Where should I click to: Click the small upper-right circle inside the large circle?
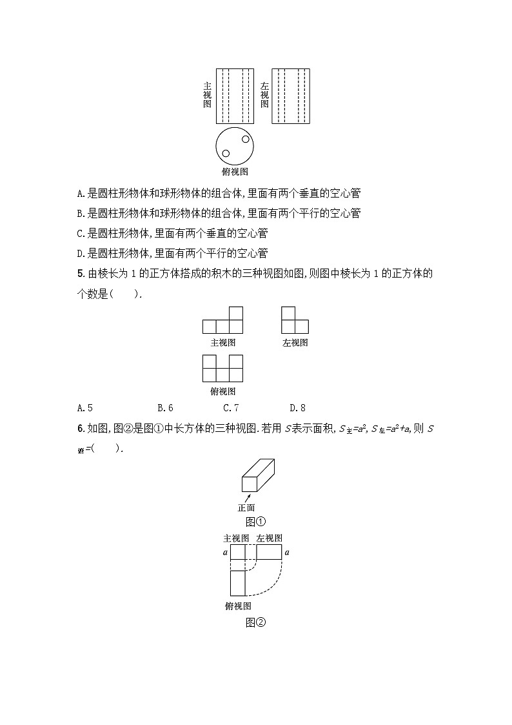pyautogui.click(x=246, y=139)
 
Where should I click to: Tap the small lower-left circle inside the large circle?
pyautogui.click(x=226, y=154)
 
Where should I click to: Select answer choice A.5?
pyautogui.click(x=85, y=407)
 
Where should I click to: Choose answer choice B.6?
pyautogui.click(x=165, y=407)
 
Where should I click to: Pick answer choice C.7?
pyautogui.click(x=231, y=407)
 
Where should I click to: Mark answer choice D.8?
pyautogui.click(x=297, y=407)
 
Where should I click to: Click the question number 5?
pyautogui.click(x=79, y=274)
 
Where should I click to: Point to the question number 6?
pyautogui.click(x=79, y=429)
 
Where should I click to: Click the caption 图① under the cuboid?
pyautogui.click(x=255, y=522)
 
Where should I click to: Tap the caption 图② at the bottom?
pyautogui.click(x=255, y=622)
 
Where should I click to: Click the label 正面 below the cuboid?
pyautogui.click(x=246, y=507)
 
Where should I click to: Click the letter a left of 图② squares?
pyautogui.click(x=225, y=553)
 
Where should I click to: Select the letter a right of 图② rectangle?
pyautogui.click(x=287, y=553)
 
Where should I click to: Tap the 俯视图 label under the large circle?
pyautogui.click(x=235, y=171)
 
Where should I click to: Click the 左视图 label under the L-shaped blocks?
pyautogui.click(x=295, y=343)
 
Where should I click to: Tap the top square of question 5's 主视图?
pyautogui.click(x=237, y=313)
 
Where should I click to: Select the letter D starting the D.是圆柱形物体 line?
pyautogui.click(x=79, y=253)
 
